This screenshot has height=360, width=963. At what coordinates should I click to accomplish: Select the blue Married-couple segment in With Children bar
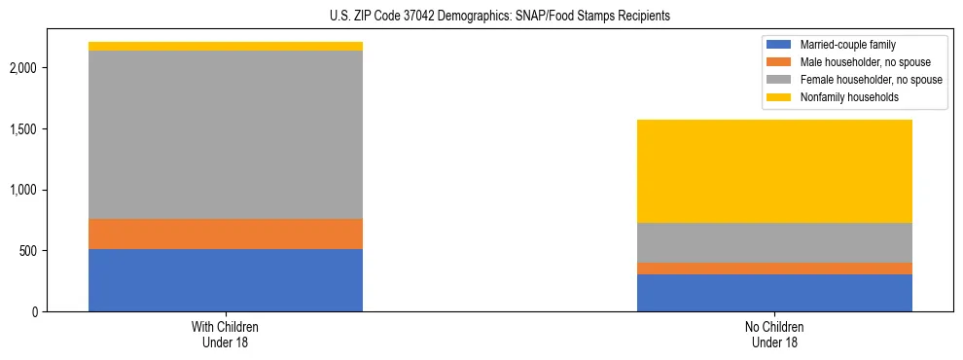point(226,280)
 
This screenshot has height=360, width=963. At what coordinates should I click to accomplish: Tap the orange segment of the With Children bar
point(226,234)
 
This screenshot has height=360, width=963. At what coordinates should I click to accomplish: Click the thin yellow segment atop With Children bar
point(226,46)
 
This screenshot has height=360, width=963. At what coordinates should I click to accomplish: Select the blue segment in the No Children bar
point(774,293)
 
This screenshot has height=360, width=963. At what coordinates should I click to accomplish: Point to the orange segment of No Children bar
point(774,269)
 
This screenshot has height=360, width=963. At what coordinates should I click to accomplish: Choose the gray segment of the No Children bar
point(774,242)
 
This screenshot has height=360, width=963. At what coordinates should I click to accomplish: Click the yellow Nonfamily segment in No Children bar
point(774,171)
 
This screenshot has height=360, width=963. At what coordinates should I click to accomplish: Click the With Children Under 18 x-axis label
point(226,335)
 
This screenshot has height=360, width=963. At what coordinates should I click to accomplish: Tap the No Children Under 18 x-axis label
point(774,335)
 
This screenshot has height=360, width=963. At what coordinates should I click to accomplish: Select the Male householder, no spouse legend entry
point(857,62)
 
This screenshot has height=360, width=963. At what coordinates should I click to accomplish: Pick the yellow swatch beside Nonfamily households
point(779,97)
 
